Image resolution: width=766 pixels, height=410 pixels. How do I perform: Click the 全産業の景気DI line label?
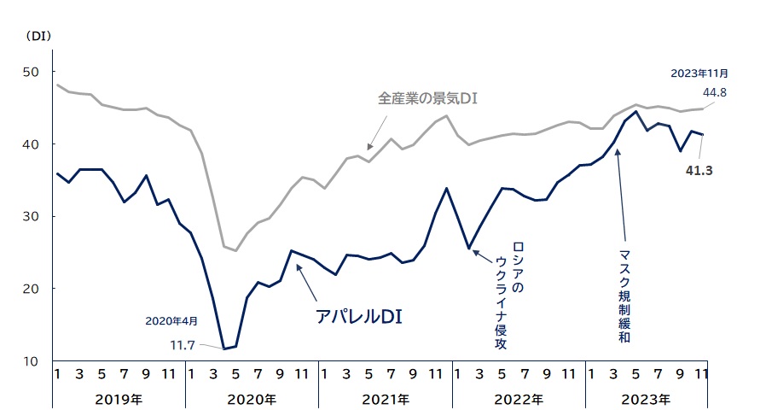coord(427,98)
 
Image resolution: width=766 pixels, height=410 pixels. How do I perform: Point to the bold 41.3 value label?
coord(698,171)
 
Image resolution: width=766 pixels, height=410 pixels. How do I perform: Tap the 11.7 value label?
coord(183,344)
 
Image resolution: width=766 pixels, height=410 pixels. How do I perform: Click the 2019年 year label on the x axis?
coord(119,398)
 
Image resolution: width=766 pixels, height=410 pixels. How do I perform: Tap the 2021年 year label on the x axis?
coord(386,398)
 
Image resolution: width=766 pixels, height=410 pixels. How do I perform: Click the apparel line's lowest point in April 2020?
coord(224,348)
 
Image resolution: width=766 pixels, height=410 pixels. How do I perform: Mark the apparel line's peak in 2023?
coord(635,112)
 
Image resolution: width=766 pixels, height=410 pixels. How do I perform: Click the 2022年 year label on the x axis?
coord(519,398)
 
